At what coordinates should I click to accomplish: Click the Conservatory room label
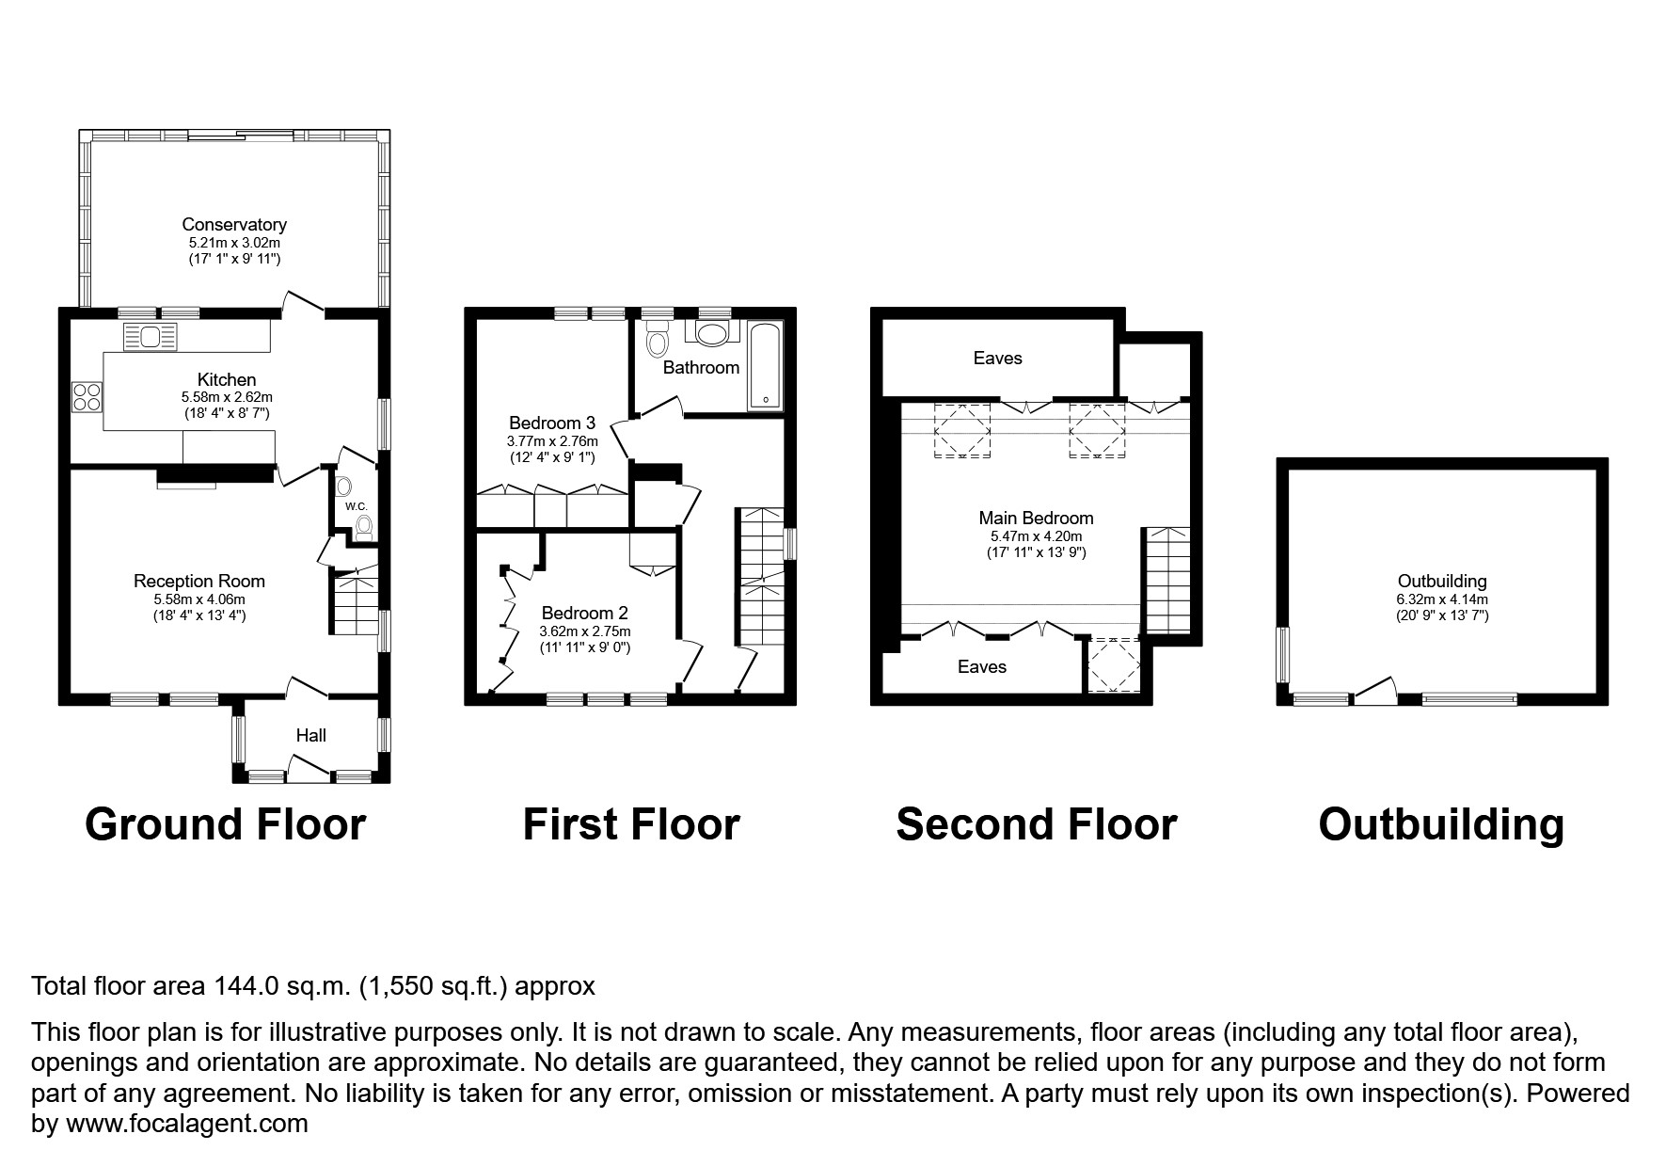[x=234, y=224]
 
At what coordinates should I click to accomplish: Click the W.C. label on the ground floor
[x=356, y=506]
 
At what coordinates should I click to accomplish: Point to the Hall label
[x=311, y=735]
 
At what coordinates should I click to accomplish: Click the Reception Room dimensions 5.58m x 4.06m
[x=199, y=599]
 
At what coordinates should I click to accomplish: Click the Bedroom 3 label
[x=552, y=423]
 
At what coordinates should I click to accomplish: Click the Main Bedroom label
[x=1036, y=518]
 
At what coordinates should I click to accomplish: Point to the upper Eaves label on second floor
[x=997, y=358]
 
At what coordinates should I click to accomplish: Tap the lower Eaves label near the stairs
[x=981, y=666]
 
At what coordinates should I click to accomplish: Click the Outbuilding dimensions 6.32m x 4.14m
[x=1441, y=599]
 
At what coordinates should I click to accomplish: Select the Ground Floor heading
[x=225, y=824]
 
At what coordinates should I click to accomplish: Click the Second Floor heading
[x=1036, y=824]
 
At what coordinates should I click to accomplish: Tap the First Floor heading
[x=631, y=824]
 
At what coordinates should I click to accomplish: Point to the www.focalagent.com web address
[x=186, y=1124]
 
